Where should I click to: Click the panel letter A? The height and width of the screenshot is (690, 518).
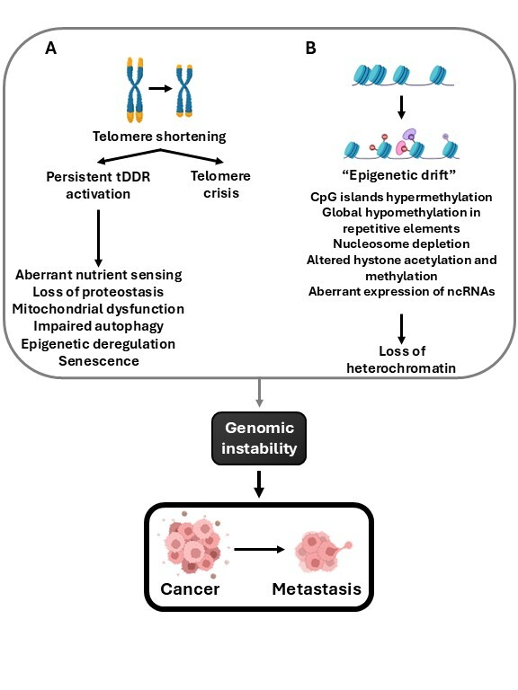(50, 48)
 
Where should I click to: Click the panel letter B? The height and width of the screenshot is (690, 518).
(310, 48)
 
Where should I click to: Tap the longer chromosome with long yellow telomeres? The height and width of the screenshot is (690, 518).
(135, 90)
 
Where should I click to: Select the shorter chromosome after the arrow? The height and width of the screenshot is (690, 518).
(184, 91)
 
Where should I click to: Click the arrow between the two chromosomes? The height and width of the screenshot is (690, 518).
(160, 88)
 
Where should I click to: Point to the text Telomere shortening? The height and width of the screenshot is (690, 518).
(159, 137)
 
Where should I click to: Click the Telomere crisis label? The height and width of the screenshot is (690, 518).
(220, 184)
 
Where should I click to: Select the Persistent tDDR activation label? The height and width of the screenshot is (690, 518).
(98, 185)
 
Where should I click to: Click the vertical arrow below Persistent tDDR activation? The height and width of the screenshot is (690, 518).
(98, 238)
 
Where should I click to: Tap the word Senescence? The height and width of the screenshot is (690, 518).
(99, 361)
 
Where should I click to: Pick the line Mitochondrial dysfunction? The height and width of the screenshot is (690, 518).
(98, 309)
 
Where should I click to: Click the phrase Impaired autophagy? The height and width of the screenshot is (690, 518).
(99, 326)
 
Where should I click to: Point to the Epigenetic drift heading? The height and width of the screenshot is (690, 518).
(398, 175)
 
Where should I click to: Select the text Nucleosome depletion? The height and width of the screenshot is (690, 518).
(401, 243)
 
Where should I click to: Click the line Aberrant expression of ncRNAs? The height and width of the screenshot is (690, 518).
(401, 291)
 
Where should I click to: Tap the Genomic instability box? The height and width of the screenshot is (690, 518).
(259, 438)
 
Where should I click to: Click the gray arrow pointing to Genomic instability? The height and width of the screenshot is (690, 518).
(259, 393)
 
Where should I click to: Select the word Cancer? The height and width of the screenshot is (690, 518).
(190, 588)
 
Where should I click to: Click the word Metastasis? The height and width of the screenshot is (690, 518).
(317, 588)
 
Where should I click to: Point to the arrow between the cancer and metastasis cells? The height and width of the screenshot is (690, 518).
(259, 549)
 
